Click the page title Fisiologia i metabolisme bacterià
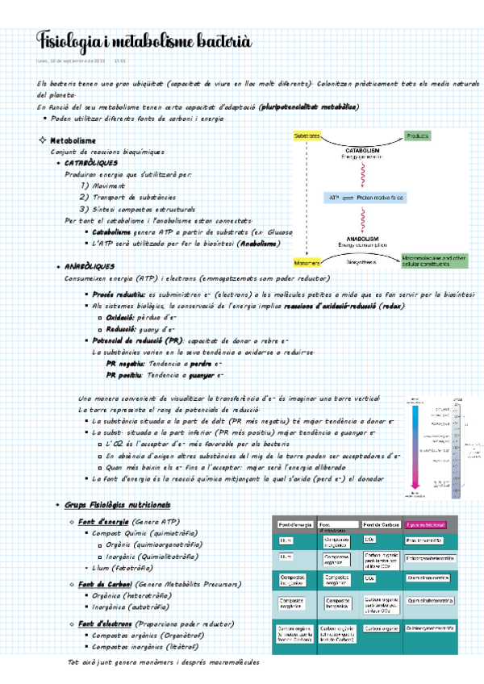pos(144,40)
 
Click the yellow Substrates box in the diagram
pos(307,136)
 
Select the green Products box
pos(418,136)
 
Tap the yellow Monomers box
pos(307,261)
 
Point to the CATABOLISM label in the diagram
pos(363,150)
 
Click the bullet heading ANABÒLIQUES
pos(90,266)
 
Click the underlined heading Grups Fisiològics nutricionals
pos(117,504)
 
